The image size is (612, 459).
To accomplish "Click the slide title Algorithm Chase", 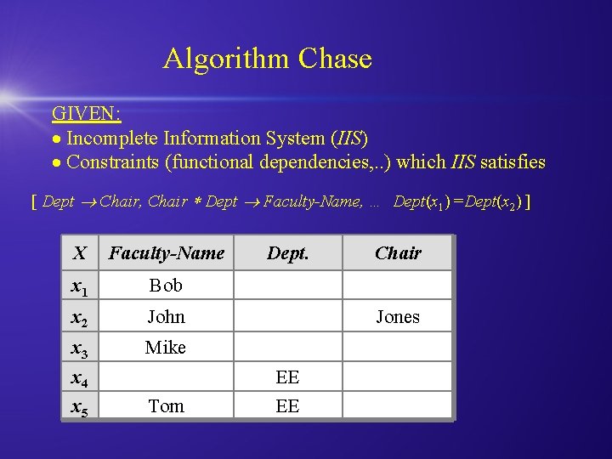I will point(268,59).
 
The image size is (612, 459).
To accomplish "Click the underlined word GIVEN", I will point(86,114).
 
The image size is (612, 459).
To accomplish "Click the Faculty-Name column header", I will point(167,252).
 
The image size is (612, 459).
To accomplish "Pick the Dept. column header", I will point(288,252).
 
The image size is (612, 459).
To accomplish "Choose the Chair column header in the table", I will point(398,252).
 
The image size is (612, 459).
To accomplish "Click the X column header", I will point(80,252).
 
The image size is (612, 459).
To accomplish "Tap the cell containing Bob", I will point(166,285).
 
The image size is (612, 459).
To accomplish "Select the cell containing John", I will point(166,316).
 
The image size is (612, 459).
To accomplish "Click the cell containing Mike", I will point(166,347).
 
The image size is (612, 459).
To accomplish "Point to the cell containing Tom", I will point(166,406).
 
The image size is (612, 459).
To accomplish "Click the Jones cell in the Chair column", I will point(398,316).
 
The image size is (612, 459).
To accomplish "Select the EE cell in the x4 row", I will point(288,377).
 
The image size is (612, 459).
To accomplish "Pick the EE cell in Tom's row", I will point(288,406).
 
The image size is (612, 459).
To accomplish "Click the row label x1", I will point(80,286).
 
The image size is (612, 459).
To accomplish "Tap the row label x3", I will point(80,348).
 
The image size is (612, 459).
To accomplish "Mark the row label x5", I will point(80,408).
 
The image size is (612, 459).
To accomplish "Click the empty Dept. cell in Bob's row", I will point(288,285).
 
